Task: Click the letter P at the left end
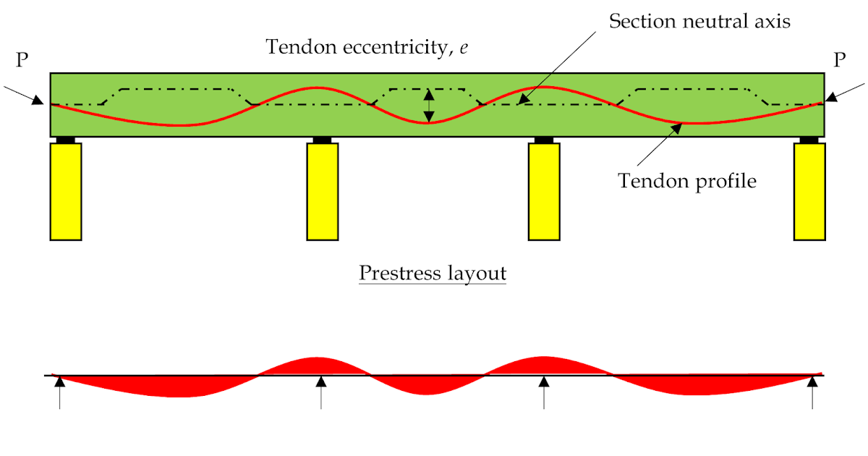click(x=22, y=60)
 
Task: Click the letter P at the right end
click(x=840, y=60)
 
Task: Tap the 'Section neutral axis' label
click(x=699, y=21)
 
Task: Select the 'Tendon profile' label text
click(x=687, y=180)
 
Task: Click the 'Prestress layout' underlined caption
click(x=433, y=274)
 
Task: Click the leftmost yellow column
click(x=66, y=191)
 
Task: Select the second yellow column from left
click(x=323, y=191)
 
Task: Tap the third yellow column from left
click(x=543, y=191)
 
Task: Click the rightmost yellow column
click(x=809, y=191)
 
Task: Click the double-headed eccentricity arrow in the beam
click(x=429, y=105)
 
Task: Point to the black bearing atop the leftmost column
click(x=66, y=140)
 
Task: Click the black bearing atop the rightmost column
click(x=809, y=140)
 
